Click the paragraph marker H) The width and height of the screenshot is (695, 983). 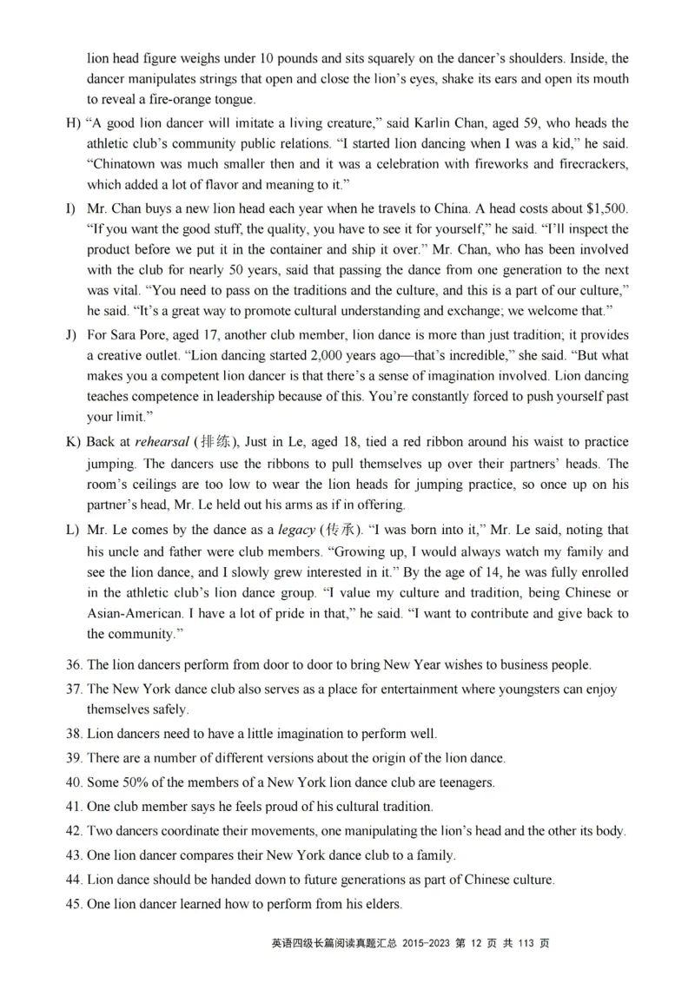(73, 123)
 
